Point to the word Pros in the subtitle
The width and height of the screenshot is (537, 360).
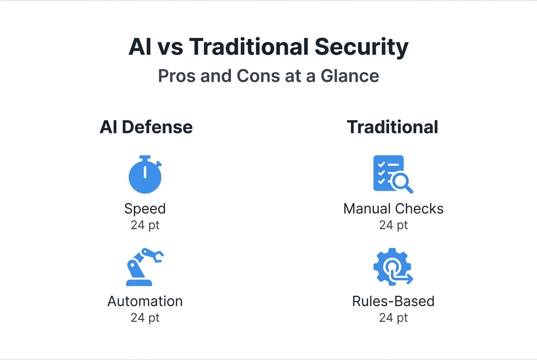pos(176,76)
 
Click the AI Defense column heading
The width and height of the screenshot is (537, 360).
pos(146,127)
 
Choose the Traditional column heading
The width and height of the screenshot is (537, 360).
pos(392,127)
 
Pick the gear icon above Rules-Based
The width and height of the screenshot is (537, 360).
pos(392,267)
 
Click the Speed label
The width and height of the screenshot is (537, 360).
pos(145,209)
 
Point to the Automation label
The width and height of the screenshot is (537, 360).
pos(145,301)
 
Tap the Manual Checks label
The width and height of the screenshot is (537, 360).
pos(393,209)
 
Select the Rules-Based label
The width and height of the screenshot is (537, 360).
pos(393,301)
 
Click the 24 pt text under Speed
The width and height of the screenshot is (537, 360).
pos(145,225)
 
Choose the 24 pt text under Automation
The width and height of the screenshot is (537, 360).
pos(145,318)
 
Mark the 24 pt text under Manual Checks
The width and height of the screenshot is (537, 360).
pos(393,225)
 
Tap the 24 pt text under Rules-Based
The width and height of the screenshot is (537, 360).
pos(393,318)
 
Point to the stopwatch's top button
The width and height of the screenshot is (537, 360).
pos(145,157)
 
